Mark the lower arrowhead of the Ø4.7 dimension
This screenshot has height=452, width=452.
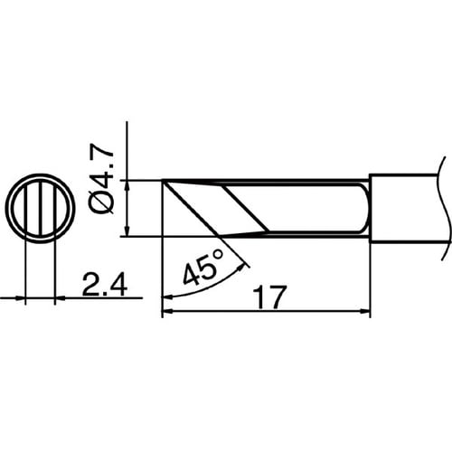point(128,230)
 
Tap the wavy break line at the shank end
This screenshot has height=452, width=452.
point(442,208)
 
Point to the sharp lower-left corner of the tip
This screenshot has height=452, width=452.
point(163,235)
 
